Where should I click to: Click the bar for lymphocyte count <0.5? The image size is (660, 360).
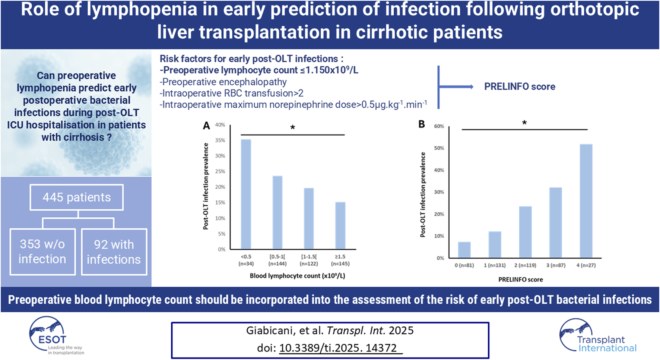[x=246, y=194]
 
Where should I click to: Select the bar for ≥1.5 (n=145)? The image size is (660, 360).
[x=340, y=225]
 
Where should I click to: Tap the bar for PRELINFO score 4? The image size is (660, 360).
[x=586, y=201]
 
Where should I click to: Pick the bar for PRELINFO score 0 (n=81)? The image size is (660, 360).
[x=464, y=250]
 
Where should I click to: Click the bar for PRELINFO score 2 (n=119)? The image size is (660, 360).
[x=525, y=232]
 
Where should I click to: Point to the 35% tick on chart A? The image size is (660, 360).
[x=220, y=140]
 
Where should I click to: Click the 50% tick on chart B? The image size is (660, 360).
[x=439, y=148]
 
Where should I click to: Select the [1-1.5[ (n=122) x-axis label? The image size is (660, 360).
[x=309, y=260]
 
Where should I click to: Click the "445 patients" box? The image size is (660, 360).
[x=77, y=197]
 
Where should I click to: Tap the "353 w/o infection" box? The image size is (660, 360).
[x=42, y=252]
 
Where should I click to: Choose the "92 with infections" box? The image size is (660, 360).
[x=114, y=252]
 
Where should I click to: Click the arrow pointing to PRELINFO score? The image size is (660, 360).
[x=456, y=87]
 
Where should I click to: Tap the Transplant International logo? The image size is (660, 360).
[x=598, y=335]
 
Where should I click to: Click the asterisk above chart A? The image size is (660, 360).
[x=293, y=127]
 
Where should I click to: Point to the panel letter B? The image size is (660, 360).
[x=422, y=124]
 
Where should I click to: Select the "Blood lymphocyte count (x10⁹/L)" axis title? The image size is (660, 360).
[x=297, y=276]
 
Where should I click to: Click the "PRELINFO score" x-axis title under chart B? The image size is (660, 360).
[x=520, y=280]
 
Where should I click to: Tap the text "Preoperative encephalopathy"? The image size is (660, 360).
[x=223, y=82]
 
